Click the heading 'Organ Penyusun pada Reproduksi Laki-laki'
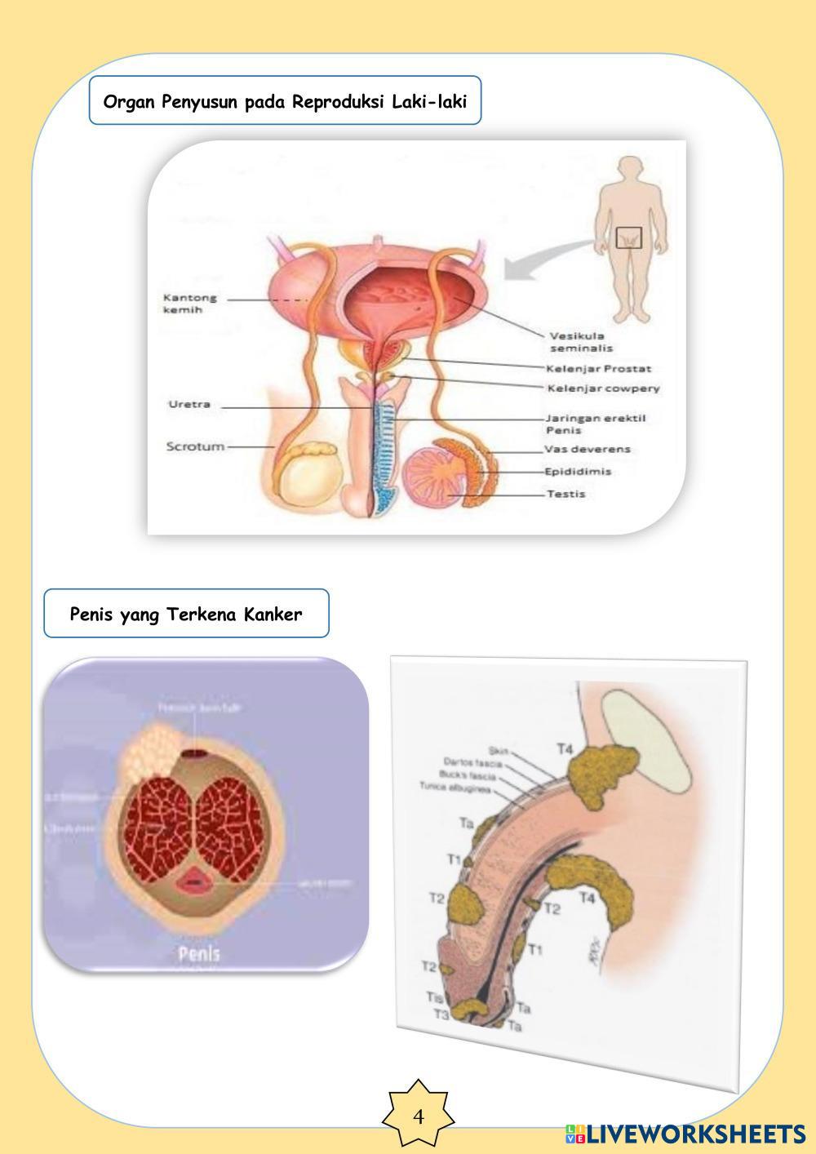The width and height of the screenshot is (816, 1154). tap(285, 102)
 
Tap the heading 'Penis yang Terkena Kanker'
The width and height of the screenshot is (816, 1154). tap(186, 614)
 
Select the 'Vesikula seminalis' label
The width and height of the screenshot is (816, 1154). tap(581, 341)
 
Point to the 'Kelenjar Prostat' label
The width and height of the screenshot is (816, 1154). tap(598, 369)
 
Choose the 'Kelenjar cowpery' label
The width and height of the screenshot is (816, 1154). tap(602, 388)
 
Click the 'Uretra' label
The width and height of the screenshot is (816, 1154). tap(189, 405)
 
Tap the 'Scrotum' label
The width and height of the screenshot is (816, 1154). tap(195, 446)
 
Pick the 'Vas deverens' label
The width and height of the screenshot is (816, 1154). tap(588, 449)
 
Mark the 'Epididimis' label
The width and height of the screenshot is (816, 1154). tap(579, 472)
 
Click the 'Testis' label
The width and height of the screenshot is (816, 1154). tap(565, 494)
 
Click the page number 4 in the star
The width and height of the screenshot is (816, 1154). tap(419, 1116)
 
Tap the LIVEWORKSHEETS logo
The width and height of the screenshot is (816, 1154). tap(685, 1134)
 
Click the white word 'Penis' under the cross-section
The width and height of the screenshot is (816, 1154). tap(199, 953)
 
